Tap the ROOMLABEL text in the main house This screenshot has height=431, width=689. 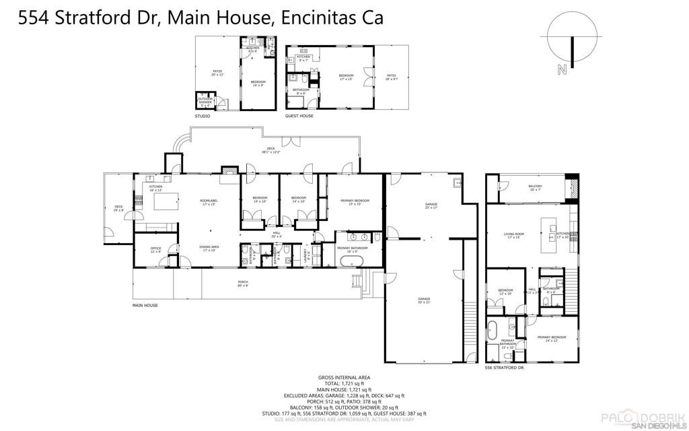209,202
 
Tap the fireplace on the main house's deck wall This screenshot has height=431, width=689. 229,171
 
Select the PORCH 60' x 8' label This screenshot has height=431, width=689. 242,284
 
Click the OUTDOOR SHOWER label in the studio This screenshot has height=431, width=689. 205,101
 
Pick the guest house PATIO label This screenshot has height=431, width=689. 391,77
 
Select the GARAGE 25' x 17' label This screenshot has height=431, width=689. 431,205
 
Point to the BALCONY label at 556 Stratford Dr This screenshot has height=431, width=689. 535,187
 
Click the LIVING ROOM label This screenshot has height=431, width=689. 514,236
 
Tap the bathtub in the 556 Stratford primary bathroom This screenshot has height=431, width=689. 493,331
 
